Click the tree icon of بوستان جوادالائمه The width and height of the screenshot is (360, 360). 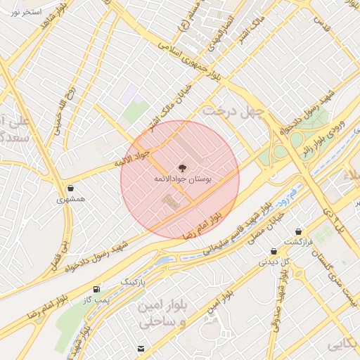181,168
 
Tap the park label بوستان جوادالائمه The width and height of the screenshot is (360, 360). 181,180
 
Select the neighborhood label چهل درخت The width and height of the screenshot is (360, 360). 232,112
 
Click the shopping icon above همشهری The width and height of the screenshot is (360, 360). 71,188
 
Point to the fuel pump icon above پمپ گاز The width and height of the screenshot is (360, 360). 96,289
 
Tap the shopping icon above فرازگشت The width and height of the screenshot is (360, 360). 300,231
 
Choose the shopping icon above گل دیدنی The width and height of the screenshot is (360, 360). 274,251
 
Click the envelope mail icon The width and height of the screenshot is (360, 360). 141,349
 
